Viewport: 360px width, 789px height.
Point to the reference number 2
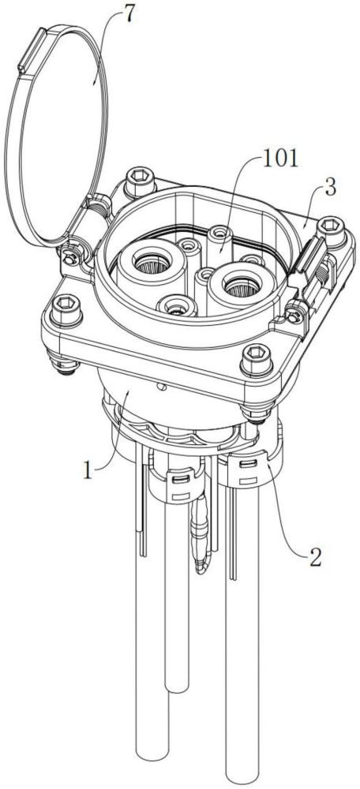[315, 558]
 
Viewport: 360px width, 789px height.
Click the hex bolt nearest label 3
[332, 230]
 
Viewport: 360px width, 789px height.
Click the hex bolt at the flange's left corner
[66, 310]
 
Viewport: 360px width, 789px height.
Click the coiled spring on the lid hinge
[96, 206]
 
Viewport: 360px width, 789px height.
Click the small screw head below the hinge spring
[70, 258]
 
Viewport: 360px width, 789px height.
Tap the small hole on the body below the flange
[162, 387]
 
